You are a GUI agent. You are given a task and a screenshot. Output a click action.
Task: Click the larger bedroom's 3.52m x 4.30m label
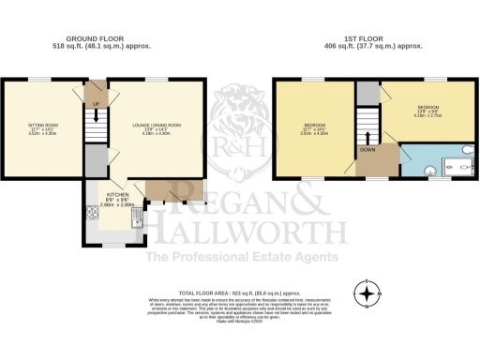(x=314, y=133)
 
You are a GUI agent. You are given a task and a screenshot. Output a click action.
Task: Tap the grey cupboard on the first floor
(x=367, y=92)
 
